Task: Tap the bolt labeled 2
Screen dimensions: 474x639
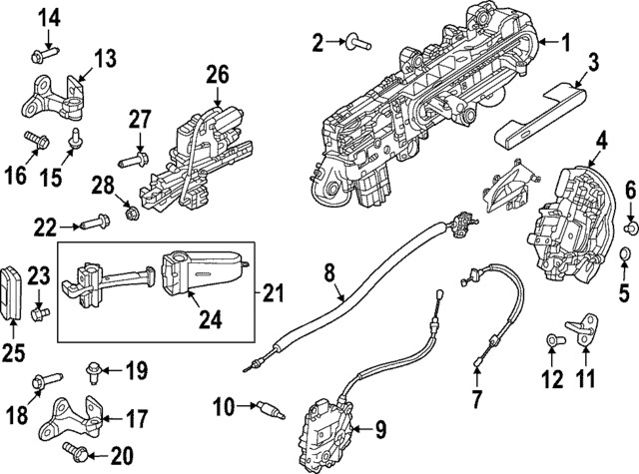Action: tap(357, 41)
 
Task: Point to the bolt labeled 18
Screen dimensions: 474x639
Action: tap(41, 380)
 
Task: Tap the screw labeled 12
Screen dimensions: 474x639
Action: tap(552, 343)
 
